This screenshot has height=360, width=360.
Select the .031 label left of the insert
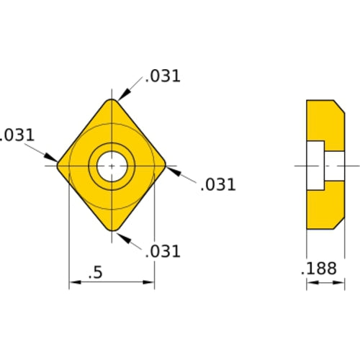pos(17,135)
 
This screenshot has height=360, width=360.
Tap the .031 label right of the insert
pos(217,184)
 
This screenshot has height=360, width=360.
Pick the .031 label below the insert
pos(162,251)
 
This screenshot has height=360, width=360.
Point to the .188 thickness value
pos(318,269)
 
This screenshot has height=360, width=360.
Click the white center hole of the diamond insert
pos(112,166)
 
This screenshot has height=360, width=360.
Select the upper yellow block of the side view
pos(323,122)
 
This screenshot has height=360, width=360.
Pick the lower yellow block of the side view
pos(323,209)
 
